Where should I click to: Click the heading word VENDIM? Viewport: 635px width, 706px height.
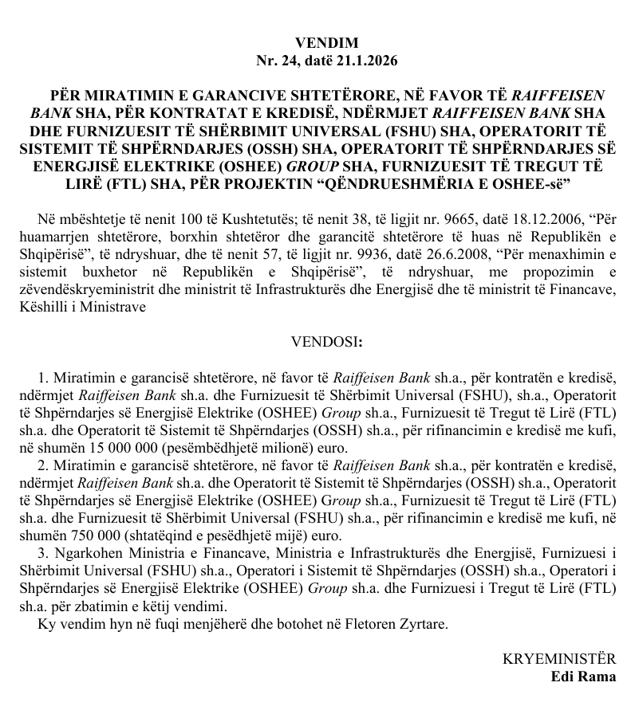[x=326, y=43]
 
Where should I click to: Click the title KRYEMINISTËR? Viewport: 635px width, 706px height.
[x=559, y=660]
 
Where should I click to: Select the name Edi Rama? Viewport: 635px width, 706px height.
[x=583, y=677]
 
